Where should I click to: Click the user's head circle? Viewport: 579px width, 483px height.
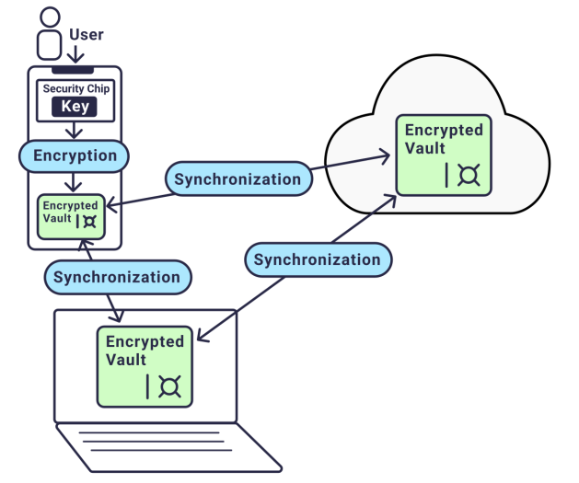point(50,17)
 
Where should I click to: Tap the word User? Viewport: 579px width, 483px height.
point(87,36)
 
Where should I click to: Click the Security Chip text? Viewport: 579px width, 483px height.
point(78,89)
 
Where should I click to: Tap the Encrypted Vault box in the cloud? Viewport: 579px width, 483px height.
point(443,155)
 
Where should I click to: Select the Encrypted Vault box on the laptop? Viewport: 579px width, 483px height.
point(145,366)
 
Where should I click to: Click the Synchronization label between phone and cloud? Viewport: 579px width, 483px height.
point(237,178)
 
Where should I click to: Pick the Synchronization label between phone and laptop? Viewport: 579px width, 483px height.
point(117,276)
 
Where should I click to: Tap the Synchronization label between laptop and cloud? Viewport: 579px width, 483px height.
point(317,259)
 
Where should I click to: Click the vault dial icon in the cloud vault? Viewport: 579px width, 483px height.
point(469,174)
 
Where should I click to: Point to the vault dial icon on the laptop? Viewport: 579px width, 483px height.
point(170,386)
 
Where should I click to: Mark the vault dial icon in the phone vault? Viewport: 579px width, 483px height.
point(89,221)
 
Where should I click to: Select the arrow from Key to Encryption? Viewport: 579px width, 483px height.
point(75,131)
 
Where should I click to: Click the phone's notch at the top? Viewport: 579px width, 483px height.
point(74,70)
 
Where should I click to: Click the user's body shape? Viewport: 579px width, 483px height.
point(50,44)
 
